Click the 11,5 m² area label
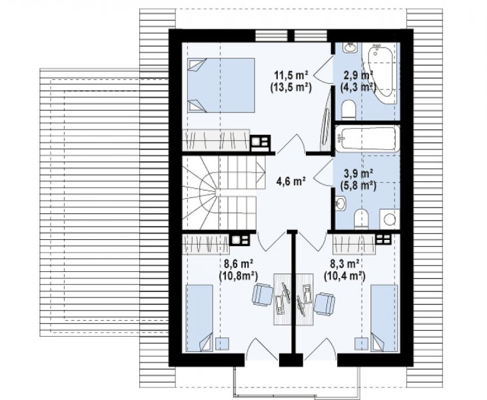point(290,75)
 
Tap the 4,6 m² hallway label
point(290,181)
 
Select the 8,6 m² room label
point(239,264)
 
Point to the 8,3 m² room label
point(345,264)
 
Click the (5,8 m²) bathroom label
point(358,186)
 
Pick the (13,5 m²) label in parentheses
point(290,88)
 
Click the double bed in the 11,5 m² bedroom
point(221,85)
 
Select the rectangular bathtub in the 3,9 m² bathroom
point(368,139)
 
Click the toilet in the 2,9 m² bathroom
point(348,110)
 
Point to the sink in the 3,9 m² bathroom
point(340,203)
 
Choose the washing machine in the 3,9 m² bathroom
point(390,219)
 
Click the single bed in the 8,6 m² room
point(199,318)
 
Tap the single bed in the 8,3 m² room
point(384,318)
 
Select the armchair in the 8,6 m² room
point(262,295)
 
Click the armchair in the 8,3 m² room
point(325,303)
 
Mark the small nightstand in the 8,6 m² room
point(222,344)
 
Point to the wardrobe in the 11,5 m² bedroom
point(216,140)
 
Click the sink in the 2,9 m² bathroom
point(350,48)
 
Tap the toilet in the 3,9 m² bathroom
point(361,219)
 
